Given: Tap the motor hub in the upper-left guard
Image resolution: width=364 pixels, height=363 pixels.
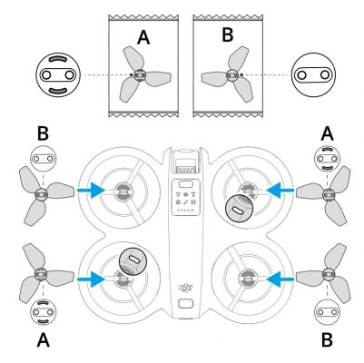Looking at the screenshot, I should pos(122,191).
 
